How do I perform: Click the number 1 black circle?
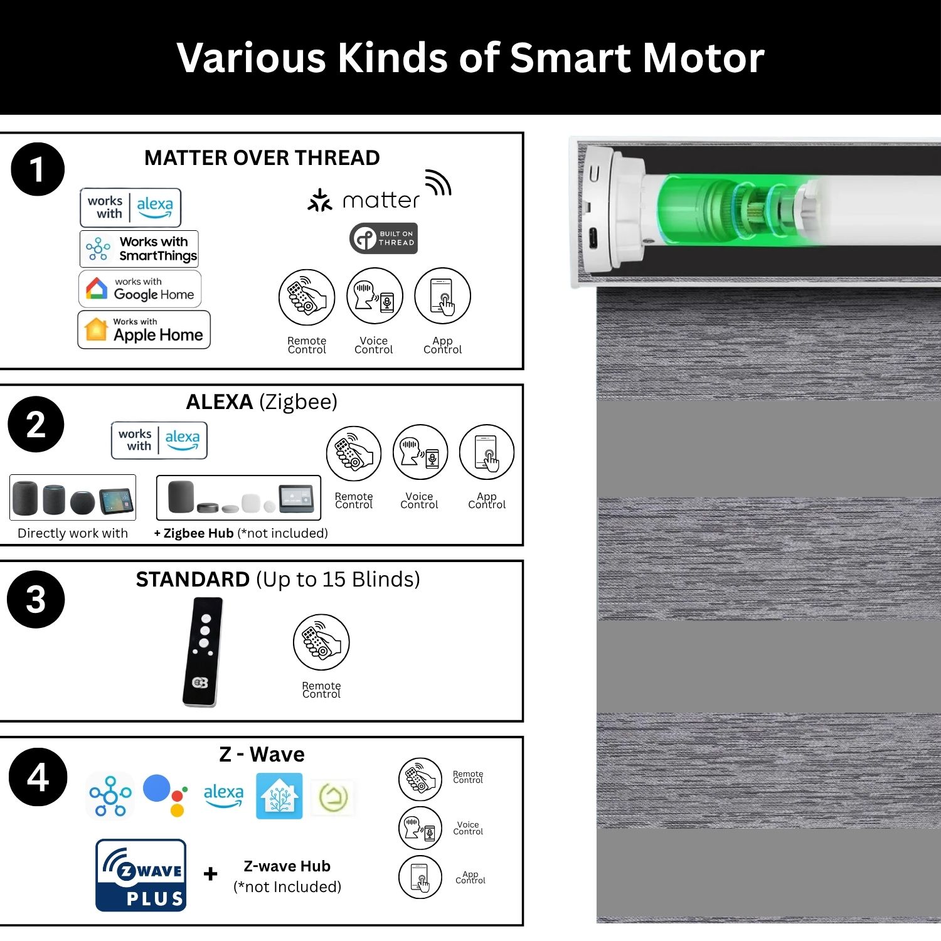tap(38, 169)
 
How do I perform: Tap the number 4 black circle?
tap(38, 777)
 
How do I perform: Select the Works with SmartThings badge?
tap(139, 248)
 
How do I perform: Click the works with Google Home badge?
tap(140, 289)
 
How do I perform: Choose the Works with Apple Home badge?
tap(144, 329)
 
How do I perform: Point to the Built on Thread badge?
tap(383, 238)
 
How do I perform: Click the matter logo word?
tap(381, 200)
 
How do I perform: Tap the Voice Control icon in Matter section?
tap(375, 296)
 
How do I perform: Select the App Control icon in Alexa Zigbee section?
tap(487, 453)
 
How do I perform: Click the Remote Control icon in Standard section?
tap(321, 642)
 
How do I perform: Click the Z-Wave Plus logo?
tap(141, 875)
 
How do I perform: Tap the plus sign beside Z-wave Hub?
tap(211, 873)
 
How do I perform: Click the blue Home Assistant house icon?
tap(279, 796)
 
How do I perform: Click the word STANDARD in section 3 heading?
tap(193, 579)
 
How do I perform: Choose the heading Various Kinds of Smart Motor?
tap(470, 58)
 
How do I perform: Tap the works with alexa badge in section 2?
tap(159, 440)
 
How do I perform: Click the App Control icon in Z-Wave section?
tap(420, 877)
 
